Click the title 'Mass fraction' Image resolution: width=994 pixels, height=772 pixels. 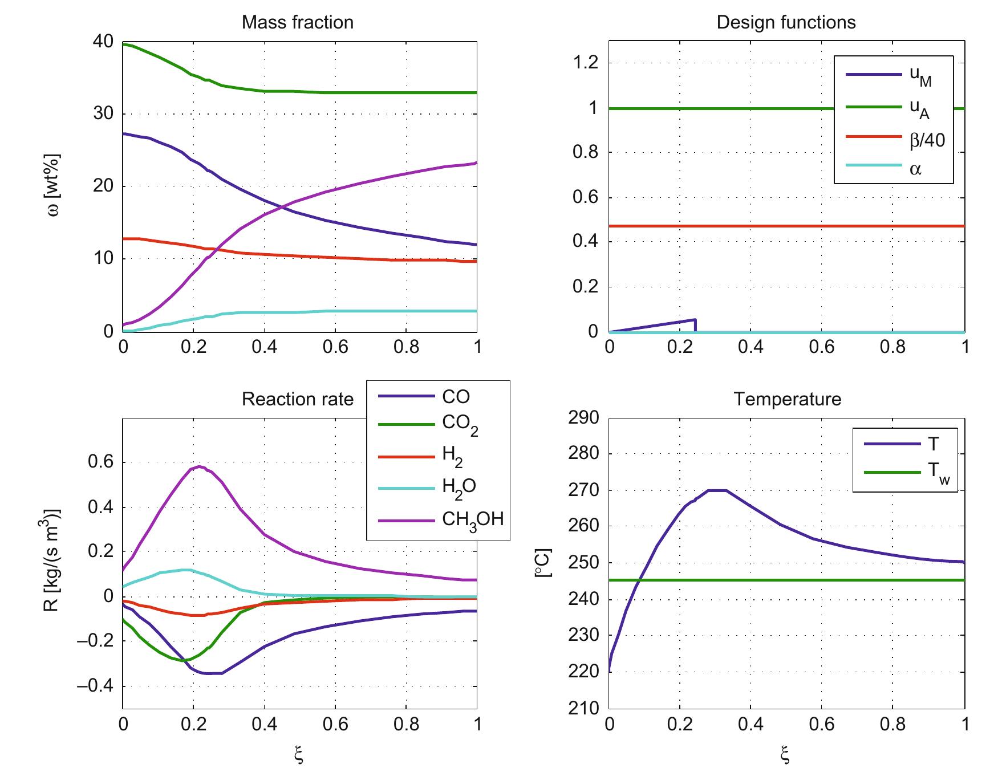click(297, 22)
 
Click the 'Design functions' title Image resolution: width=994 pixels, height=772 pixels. click(786, 22)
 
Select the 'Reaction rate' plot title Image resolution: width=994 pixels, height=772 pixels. click(297, 399)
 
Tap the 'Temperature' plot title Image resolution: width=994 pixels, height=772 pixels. click(787, 399)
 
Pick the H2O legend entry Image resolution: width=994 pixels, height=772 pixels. click(459, 487)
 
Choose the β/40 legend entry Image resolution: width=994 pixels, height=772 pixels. click(927, 139)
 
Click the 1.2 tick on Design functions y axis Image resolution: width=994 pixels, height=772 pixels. click(586, 63)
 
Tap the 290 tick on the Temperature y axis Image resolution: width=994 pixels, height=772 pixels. click(584, 418)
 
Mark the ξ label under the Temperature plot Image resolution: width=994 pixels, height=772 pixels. click(786, 755)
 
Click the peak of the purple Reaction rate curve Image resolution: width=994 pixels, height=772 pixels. click(198, 467)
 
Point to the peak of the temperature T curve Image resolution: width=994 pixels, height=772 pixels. click(717, 490)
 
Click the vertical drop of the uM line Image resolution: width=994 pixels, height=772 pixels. click(695, 326)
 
